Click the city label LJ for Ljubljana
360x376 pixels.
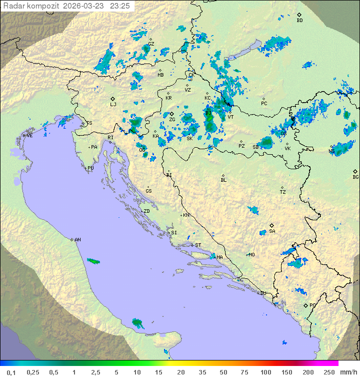[113, 104]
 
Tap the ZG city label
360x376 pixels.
[172, 120]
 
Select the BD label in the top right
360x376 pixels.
[299, 21]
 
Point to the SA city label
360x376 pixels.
[272, 231]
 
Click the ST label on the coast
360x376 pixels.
[198, 245]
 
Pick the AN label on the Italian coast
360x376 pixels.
[77, 240]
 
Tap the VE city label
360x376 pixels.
[29, 136]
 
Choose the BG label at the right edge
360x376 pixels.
[355, 177]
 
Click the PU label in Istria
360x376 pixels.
[90, 168]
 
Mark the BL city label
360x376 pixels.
[223, 180]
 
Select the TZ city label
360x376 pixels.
[282, 192]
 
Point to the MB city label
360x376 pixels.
[160, 75]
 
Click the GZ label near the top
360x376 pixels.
[151, 44]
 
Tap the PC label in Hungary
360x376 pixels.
[264, 103]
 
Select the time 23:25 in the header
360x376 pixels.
[120, 6]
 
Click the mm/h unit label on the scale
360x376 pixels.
[347, 372]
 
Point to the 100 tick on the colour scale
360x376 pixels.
[265, 372]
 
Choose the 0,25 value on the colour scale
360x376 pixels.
[33, 372]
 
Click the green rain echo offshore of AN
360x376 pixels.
[93, 261]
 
